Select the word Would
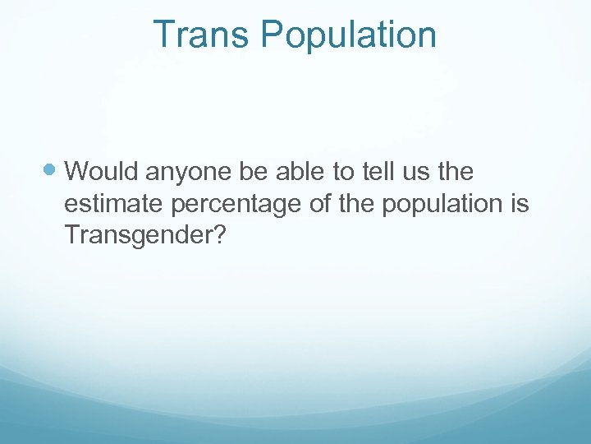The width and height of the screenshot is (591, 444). coord(103,171)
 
